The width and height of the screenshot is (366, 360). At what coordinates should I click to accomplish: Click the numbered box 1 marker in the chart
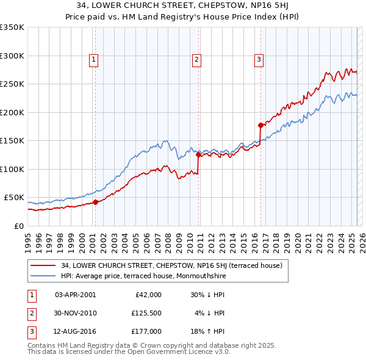pos(93,59)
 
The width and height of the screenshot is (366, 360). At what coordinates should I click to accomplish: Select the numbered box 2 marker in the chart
pos(197,59)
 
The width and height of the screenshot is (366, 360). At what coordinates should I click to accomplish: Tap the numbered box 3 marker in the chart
pos(259,59)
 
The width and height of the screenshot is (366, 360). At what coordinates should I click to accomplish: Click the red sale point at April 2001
pos(96,202)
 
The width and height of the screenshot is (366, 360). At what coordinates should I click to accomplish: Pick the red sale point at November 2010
pos(198,155)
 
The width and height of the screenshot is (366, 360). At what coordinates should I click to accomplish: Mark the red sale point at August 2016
pos(260,126)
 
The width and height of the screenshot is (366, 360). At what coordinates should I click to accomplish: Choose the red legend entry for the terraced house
pos(171,265)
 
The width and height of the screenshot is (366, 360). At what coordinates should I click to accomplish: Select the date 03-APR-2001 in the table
pos(75,294)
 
